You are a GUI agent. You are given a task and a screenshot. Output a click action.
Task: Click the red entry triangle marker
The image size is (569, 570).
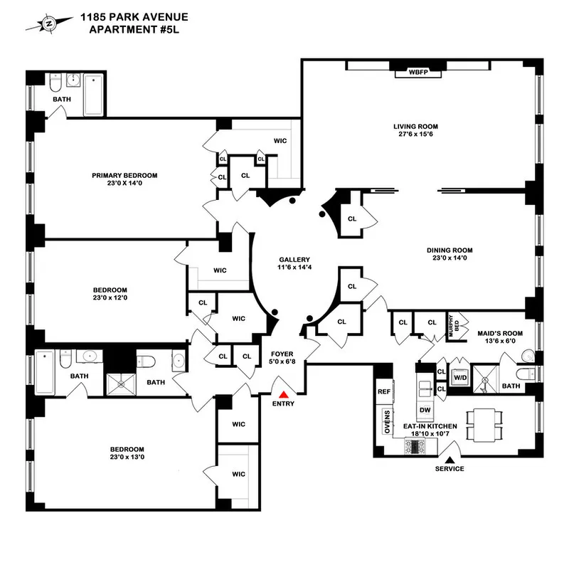pos(284,394)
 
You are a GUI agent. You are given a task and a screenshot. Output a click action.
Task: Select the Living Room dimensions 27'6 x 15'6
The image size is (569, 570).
pos(413,137)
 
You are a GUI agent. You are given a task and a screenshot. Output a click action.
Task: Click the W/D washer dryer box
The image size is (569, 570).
pos(461,377)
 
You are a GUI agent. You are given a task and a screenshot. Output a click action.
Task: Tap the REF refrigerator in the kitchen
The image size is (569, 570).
pos(384,391)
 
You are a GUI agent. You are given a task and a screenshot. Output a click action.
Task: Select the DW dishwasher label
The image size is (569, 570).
pos(425,410)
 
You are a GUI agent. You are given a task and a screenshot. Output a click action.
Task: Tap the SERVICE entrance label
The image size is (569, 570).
pos(450,468)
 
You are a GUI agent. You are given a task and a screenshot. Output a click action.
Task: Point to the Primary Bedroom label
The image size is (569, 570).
pos(124,175)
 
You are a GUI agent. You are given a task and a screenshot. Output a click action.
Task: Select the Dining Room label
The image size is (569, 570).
pos(450,250)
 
